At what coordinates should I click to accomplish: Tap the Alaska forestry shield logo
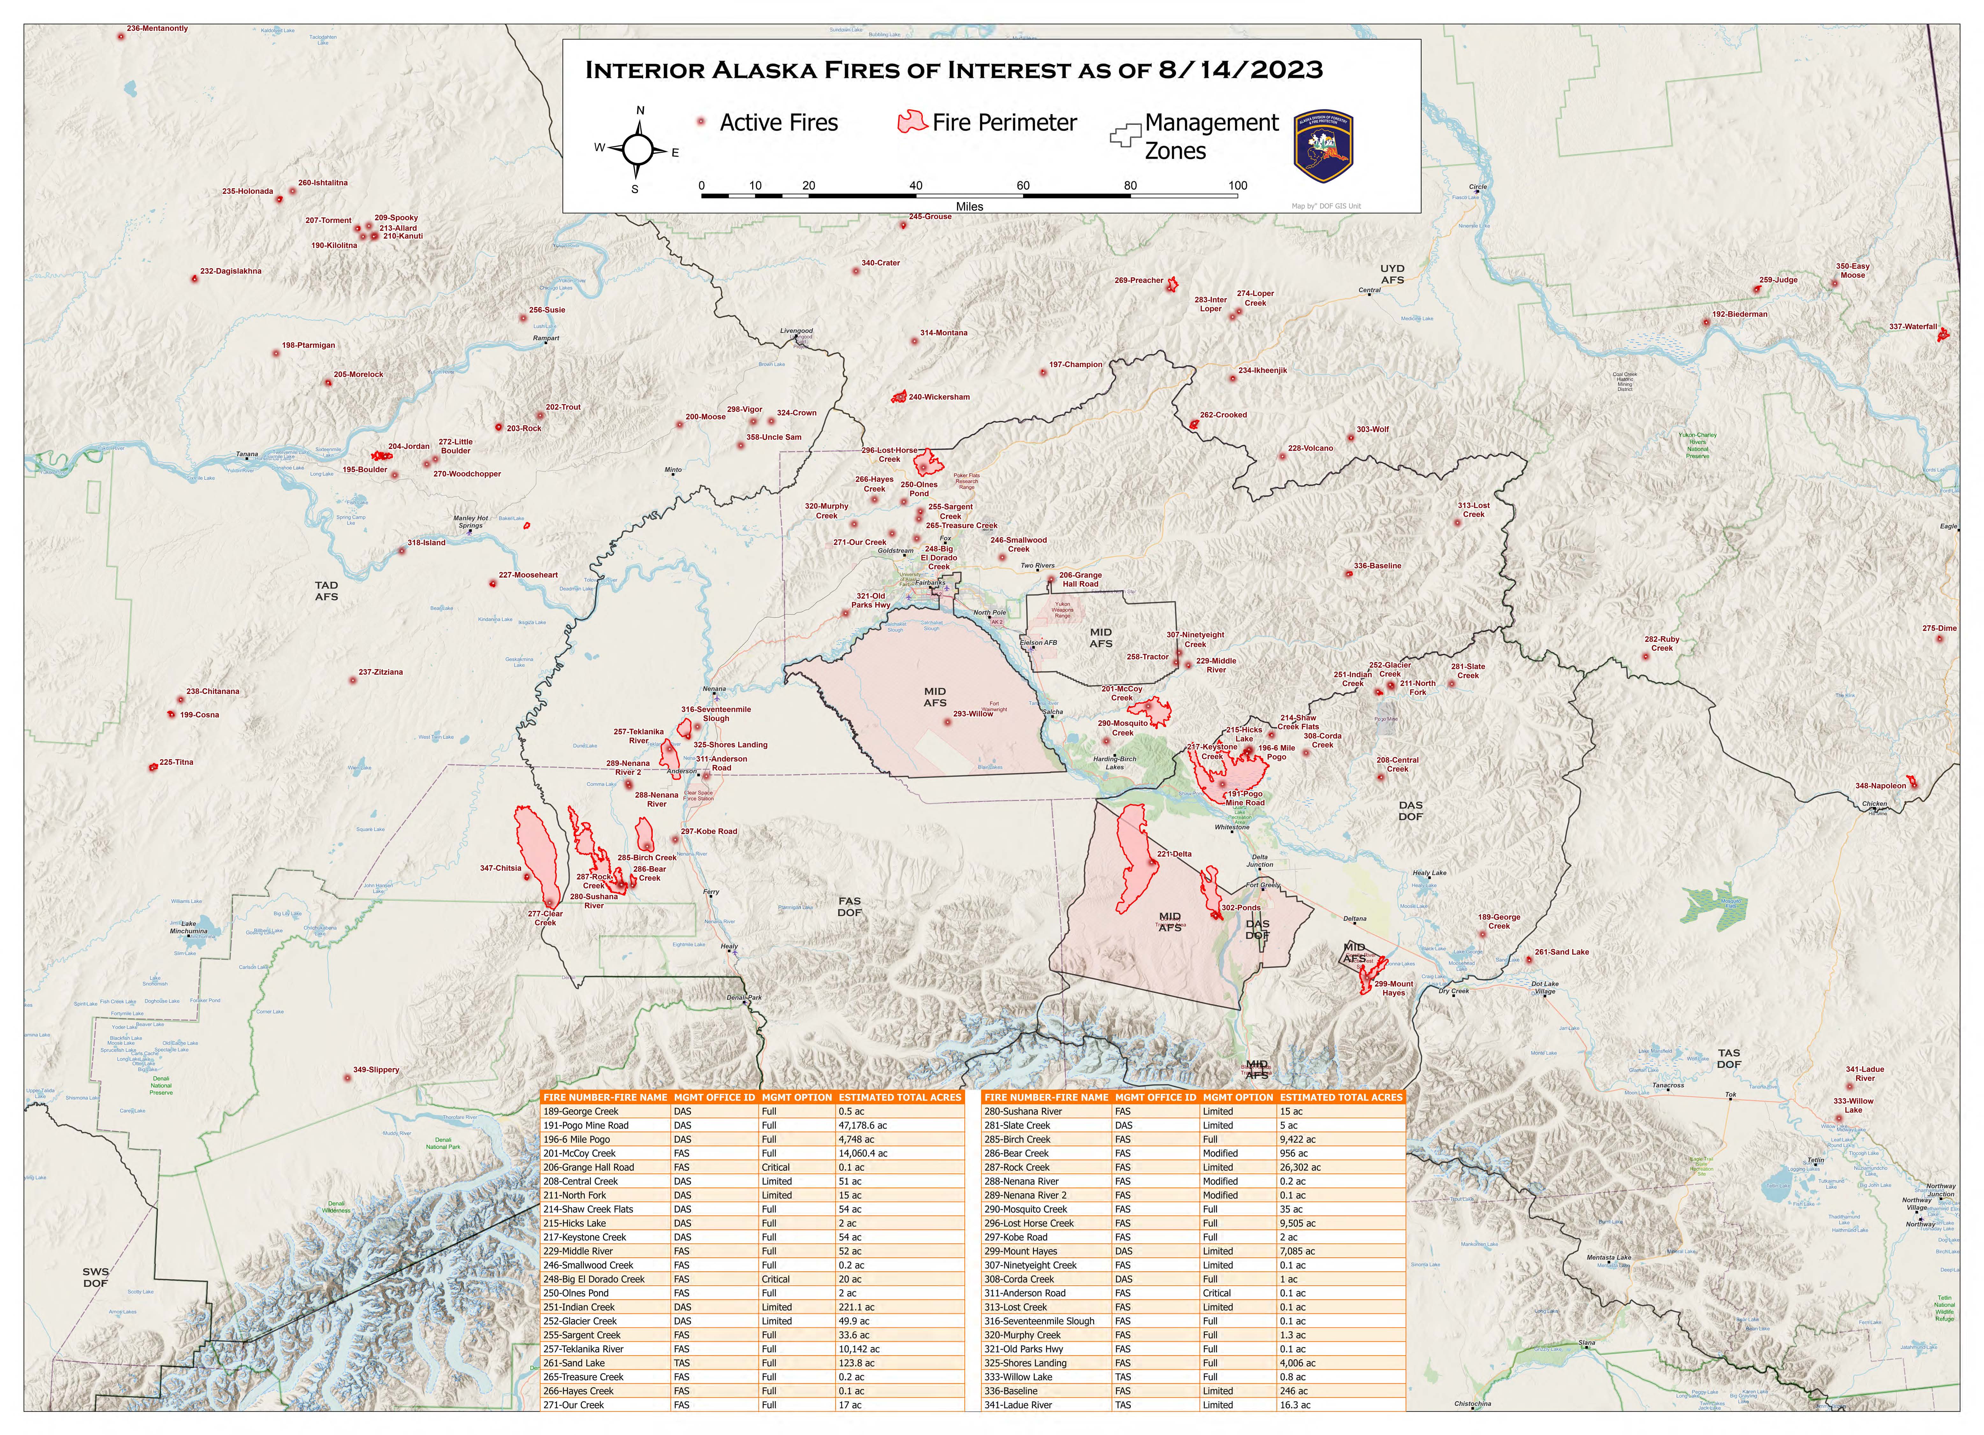click(1323, 146)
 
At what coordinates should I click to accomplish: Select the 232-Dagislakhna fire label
click(231, 271)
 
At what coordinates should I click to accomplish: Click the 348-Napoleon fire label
click(1881, 786)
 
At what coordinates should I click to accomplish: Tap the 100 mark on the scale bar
click(1238, 186)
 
